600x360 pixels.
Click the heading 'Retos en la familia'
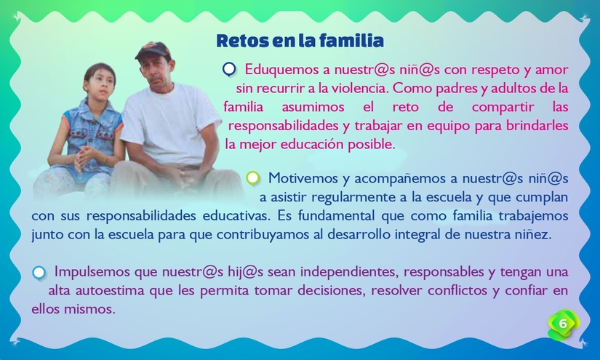click(x=300, y=39)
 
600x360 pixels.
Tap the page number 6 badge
click(x=562, y=322)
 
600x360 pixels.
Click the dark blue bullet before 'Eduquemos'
click(x=229, y=70)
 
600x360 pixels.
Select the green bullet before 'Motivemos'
click(x=252, y=177)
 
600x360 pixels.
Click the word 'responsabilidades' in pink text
click(x=280, y=125)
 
